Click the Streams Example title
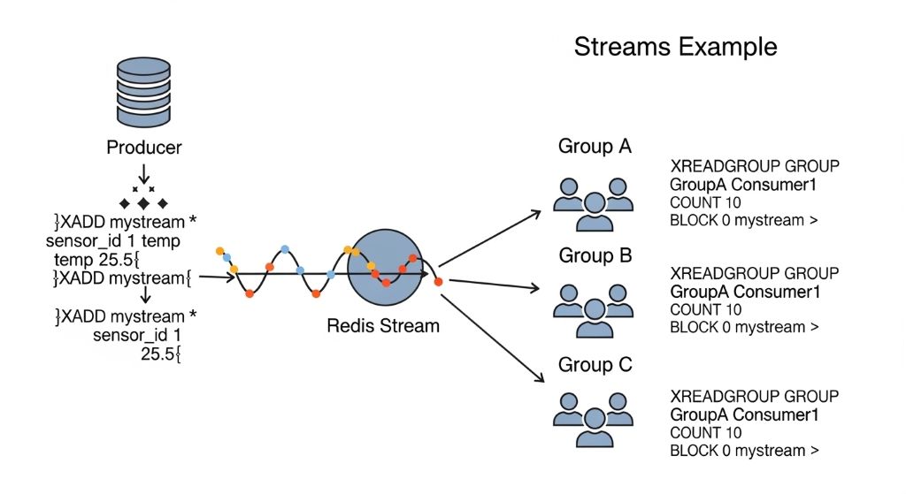pyautogui.click(x=676, y=46)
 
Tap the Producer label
pyautogui.click(x=143, y=148)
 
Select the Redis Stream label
pyautogui.click(x=383, y=325)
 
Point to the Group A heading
pyautogui.click(x=594, y=147)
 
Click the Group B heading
pyautogui.click(x=594, y=256)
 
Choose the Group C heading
pyautogui.click(x=594, y=364)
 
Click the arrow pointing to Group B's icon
pyautogui.click(x=495, y=285)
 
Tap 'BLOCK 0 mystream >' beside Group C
pyautogui.click(x=738, y=451)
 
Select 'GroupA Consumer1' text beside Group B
pyautogui.click(x=742, y=292)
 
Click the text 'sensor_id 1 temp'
pyautogui.click(x=112, y=240)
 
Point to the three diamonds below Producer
pyautogui.click(x=143, y=204)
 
